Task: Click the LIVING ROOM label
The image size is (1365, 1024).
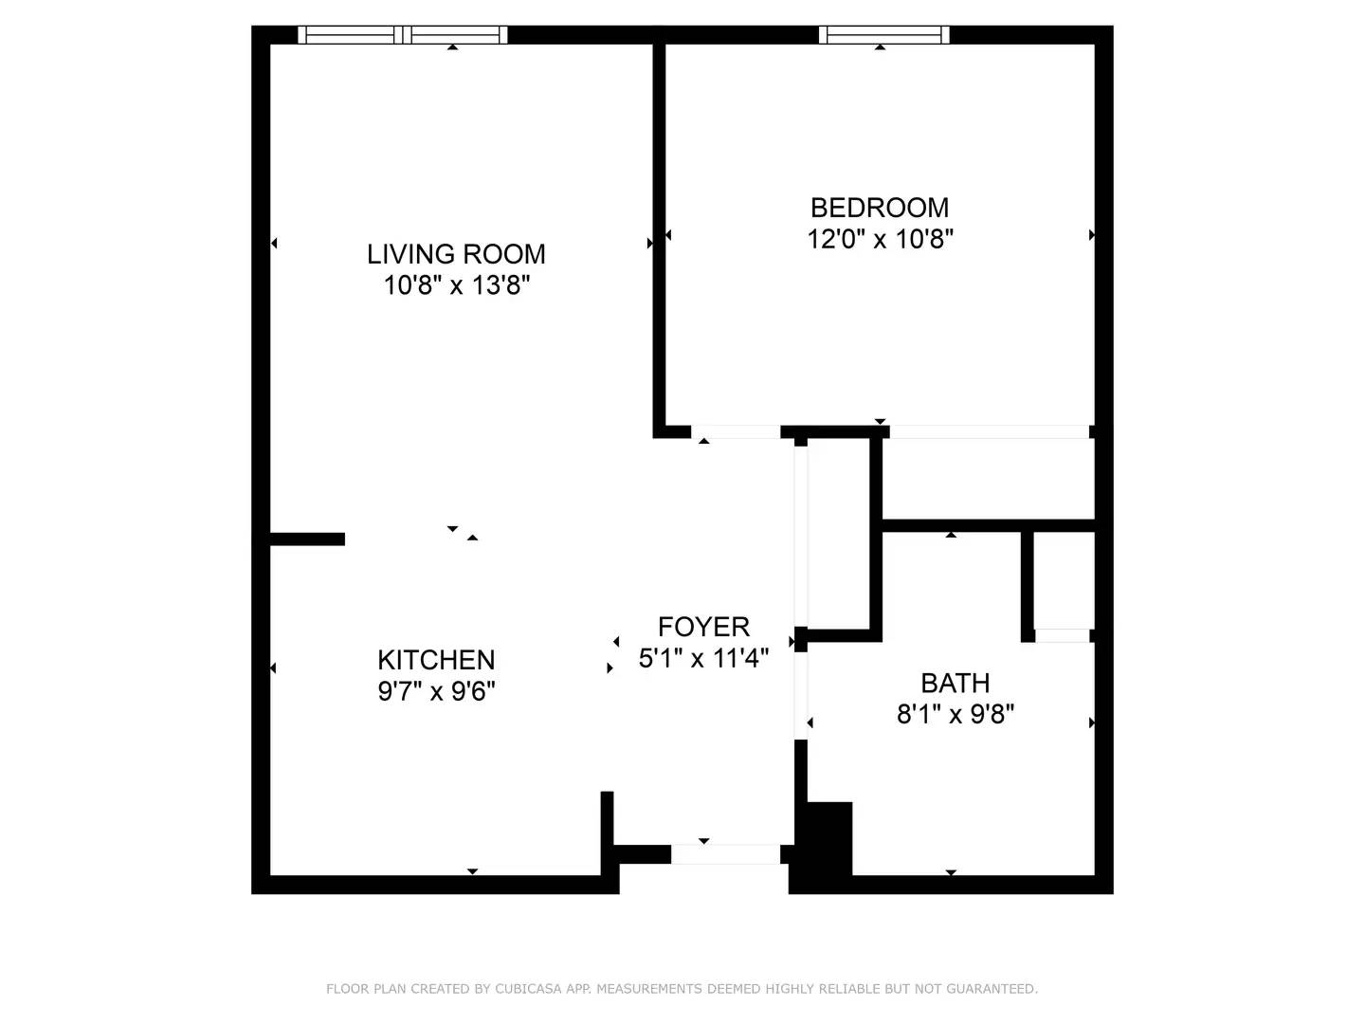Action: click(x=456, y=254)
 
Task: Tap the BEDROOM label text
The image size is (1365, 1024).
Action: click(x=879, y=208)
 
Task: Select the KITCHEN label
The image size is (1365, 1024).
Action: click(x=436, y=660)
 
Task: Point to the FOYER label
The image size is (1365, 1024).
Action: click(x=703, y=627)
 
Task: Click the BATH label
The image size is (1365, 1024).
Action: click(x=955, y=683)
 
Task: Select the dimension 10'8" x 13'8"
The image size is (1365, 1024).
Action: click(x=456, y=285)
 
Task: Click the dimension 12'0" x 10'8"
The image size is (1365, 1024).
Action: click(x=879, y=239)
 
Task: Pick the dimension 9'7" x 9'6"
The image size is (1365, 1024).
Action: click(x=436, y=691)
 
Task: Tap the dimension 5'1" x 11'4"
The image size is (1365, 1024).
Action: click(x=703, y=658)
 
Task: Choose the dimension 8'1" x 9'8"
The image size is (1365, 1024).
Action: click(x=955, y=714)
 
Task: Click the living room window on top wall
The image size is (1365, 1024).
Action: click(x=403, y=35)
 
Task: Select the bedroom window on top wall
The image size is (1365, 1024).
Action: click(x=883, y=35)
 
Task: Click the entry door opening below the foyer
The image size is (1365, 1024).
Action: click(x=725, y=854)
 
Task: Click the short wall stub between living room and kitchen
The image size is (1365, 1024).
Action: click(x=307, y=539)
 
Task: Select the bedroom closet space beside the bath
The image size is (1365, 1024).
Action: click(x=988, y=478)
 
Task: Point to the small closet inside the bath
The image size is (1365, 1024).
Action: click(x=1063, y=580)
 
